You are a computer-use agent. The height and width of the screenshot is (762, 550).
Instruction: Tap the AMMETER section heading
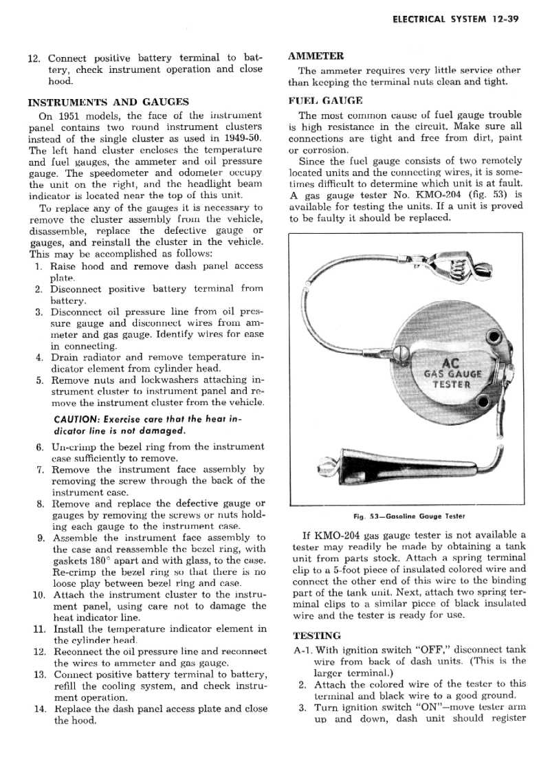tap(316, 56)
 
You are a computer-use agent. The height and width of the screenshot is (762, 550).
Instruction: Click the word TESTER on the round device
tap(452, 384)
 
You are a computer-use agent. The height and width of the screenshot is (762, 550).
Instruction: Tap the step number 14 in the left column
tap(38, 708)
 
